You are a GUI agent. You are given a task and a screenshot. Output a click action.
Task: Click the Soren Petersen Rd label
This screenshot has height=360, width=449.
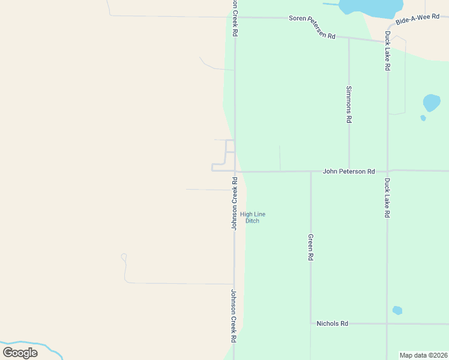(x=312, y=27)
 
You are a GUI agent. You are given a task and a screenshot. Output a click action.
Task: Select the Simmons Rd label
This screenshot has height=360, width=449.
(x=349, y=104)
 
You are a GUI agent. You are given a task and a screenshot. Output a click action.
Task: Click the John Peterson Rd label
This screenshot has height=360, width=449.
(x=349, y=171)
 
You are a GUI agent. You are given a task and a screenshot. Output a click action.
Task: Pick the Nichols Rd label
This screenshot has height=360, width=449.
(x=332, y=323)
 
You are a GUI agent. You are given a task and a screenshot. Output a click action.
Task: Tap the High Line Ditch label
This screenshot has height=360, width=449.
(x=253, y=217)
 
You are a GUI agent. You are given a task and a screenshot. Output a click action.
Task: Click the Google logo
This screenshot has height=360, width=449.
(x=20, y=353)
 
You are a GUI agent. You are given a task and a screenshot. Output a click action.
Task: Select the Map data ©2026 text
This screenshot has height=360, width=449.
(x=423, y=355)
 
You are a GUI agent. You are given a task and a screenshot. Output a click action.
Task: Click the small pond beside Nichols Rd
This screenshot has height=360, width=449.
(x=397, y=310)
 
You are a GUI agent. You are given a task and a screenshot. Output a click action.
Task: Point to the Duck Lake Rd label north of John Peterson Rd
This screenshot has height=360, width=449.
(x=387, y=51)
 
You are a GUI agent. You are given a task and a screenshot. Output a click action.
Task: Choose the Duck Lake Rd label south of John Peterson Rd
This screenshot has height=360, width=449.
(x=387, y=197)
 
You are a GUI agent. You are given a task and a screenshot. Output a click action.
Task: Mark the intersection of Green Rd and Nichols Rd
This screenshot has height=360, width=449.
(x=311, y=323)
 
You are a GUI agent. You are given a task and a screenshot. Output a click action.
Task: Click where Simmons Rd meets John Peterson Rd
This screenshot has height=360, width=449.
(x=349, y=171)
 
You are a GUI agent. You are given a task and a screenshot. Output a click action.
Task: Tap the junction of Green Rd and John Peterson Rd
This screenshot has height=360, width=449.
(x=311, y=172)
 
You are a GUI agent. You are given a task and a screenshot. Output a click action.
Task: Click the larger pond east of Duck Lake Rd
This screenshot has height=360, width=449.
(x=431, y=102)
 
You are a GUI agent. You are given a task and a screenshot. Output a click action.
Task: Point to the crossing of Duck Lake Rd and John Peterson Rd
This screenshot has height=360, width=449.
(x=387, y=171)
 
